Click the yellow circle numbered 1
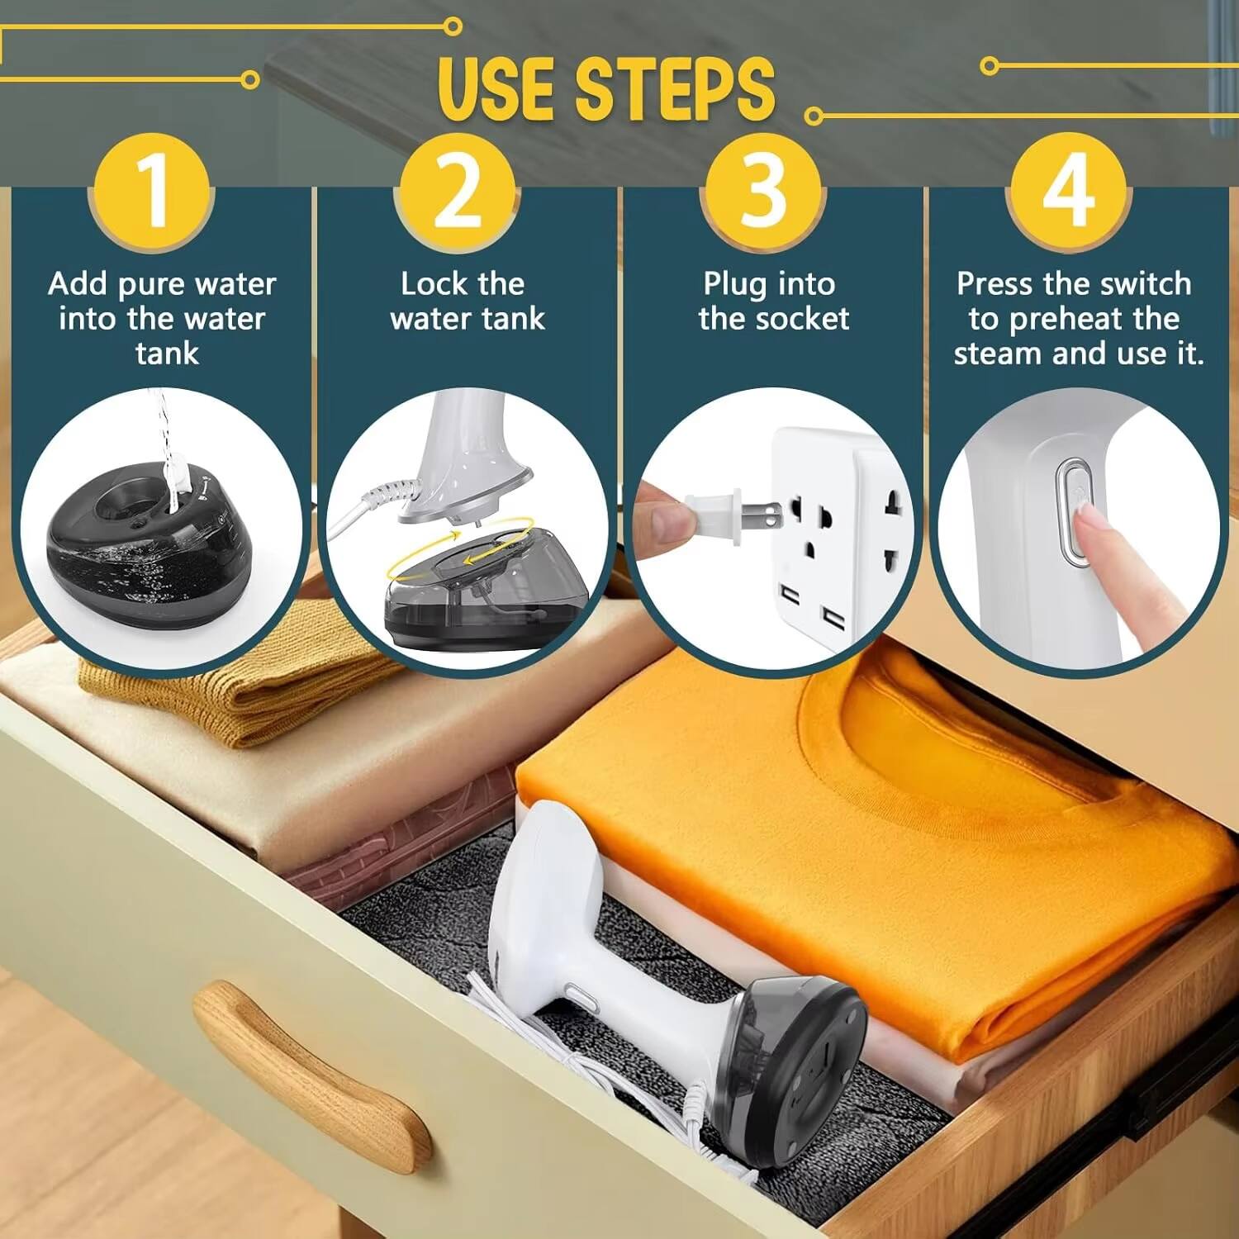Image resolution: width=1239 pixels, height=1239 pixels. (152, 192)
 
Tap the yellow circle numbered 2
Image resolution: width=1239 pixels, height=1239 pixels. (456, 192)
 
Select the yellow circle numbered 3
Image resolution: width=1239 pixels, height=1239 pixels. (762, 192)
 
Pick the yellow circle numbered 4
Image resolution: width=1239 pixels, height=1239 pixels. (1068, 192)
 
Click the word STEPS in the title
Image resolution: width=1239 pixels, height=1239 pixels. (675, 89)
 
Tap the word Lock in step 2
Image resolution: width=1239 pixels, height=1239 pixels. (434, 284)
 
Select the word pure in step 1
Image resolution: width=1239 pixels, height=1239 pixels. (155, 284)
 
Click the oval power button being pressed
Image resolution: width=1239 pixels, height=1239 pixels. (1074, 512)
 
